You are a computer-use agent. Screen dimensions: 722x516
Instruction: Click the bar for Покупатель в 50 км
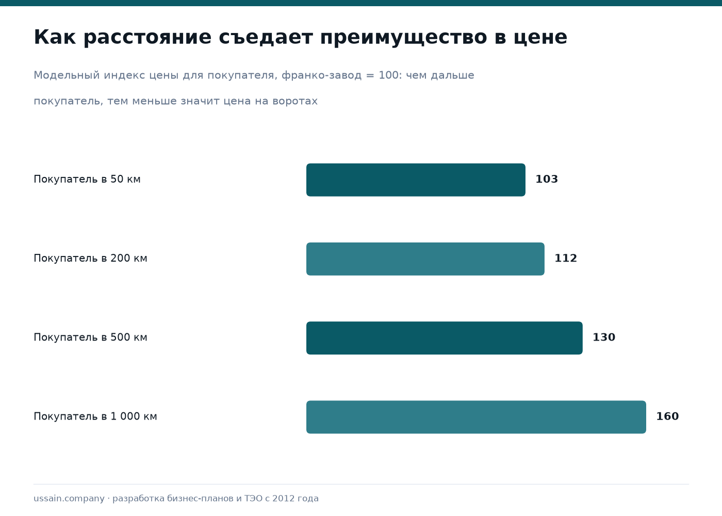click(416, 180)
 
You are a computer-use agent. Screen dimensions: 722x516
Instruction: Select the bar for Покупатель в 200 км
click(425, 259)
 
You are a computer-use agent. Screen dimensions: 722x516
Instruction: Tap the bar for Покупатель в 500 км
click(445, 338)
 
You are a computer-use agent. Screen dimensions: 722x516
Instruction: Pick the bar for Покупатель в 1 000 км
click(476, 417)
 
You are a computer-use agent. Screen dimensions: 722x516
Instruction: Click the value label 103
click(547, 179)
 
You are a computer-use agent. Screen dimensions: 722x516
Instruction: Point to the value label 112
click(566, 258)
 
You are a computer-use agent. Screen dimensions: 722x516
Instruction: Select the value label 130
click(604, 337)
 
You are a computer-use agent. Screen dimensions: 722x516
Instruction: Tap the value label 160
click(667, 416)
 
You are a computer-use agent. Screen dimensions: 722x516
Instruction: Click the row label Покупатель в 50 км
click(87, 179)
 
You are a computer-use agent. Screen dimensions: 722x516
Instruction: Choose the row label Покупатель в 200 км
click(91, 258)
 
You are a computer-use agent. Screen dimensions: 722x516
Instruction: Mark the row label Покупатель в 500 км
click(91, 337)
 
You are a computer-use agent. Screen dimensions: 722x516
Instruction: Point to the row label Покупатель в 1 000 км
click(95, 416)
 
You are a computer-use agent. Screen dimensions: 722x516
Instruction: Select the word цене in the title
click(540, 38)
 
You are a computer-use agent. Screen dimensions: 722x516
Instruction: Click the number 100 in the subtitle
click(388, 75)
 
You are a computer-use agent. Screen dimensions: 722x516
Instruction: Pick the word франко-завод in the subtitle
click(322, 75)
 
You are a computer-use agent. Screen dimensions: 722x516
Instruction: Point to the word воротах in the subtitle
click(295, 101)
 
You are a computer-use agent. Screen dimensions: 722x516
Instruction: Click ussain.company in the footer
click(69, 498)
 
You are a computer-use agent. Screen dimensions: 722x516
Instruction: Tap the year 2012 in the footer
click(282, 498)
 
